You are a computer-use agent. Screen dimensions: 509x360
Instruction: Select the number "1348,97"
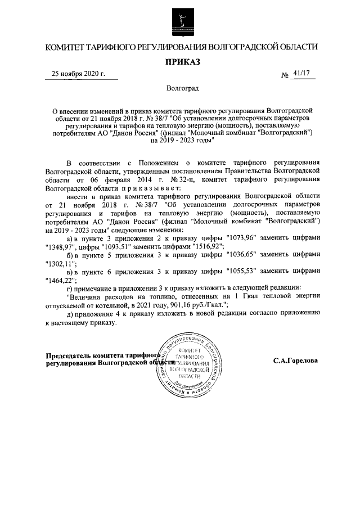pos(60,247)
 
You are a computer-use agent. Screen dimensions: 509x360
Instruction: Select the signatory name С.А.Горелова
pos(295,361)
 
